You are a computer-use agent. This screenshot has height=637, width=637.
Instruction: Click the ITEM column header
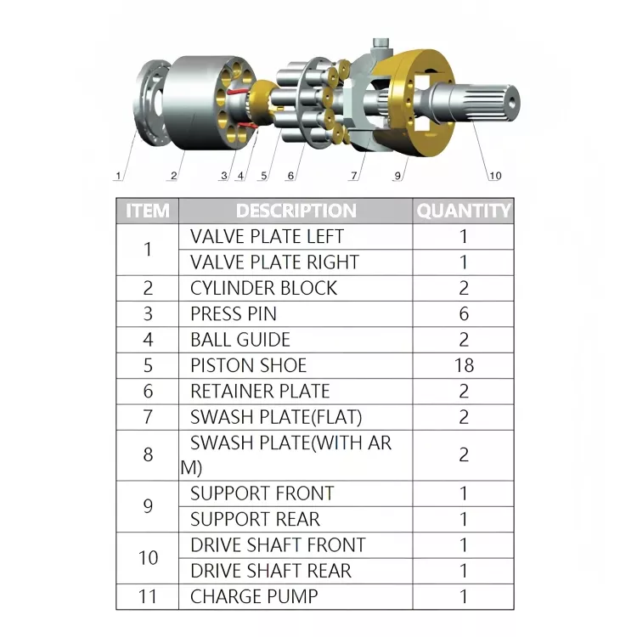(147, 211)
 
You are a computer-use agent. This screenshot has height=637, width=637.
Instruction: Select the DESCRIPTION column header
(296, 211)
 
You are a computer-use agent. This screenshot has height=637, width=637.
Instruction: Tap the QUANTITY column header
(464, 211)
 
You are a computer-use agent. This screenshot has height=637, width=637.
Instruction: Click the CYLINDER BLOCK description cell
(263, 288)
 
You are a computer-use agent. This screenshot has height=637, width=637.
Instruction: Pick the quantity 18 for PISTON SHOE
(464, 365)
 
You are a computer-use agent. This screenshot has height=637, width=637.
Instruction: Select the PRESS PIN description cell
(234, 313)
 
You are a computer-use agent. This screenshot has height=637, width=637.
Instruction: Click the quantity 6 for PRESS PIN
(464, 313)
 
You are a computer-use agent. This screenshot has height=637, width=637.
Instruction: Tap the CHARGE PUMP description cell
(254, 596)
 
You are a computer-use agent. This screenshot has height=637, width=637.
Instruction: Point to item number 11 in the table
(148, 596)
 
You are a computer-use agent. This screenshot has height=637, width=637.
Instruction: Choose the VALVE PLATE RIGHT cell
(274, 262)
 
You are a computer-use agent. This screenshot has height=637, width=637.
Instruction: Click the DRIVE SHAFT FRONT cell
(278, 544)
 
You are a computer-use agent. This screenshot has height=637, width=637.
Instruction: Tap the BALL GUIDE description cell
(240, 340)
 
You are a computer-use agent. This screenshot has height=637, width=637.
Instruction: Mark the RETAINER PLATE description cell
(260, 392)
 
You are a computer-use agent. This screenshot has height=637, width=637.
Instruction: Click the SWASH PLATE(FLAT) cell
(276, 417)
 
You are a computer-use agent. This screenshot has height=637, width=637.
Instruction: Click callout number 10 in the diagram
(494, 176)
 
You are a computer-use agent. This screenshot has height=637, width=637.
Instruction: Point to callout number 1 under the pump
(119, 177)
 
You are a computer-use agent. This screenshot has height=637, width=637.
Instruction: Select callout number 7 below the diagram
(353, 177)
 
